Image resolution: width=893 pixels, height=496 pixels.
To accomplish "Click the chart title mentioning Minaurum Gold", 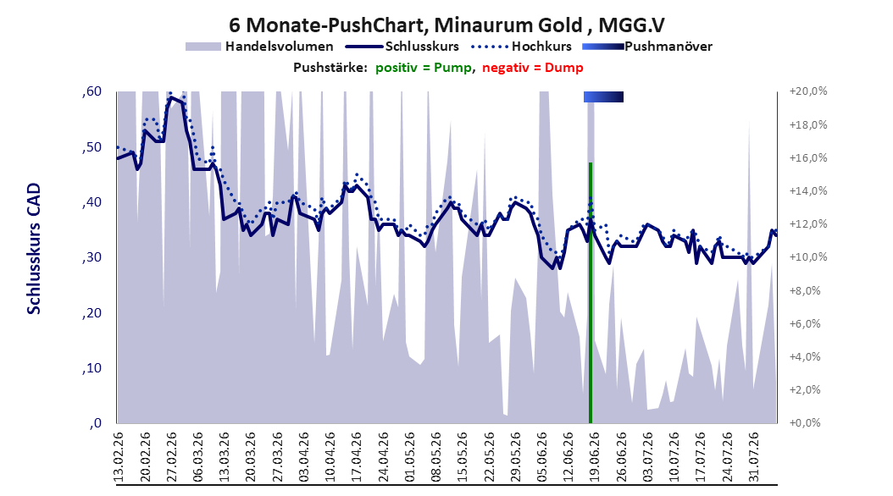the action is (x=446, y=25).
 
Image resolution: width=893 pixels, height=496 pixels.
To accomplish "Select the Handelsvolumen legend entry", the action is (x=260, y=47).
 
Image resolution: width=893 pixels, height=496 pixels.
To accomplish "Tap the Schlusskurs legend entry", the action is (x=403, y=47).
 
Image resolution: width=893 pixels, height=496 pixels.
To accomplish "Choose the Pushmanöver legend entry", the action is (x=647, y=47).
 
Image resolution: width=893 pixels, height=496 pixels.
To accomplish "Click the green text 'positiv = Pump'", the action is (x=424, y=68).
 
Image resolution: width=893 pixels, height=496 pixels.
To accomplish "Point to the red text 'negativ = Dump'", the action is (x=533, y=68).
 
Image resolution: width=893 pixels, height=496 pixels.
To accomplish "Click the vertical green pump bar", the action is (x=591, y=293).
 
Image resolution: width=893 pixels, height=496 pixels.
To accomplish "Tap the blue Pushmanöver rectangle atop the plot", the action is (x=604, y=96).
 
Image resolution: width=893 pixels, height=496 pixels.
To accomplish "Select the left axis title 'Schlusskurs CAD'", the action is (x=34, y=249).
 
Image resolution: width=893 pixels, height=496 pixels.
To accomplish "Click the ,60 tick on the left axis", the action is (x=92, y=91).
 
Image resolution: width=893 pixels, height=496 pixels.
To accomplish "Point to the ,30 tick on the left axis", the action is (x=92, y=257).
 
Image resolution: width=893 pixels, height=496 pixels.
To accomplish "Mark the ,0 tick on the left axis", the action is (x=96, y=423).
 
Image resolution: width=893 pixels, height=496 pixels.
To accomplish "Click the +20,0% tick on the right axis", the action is (x=808, y=91).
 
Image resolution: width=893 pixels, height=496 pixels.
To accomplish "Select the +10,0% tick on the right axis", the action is (x=808, y=257).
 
